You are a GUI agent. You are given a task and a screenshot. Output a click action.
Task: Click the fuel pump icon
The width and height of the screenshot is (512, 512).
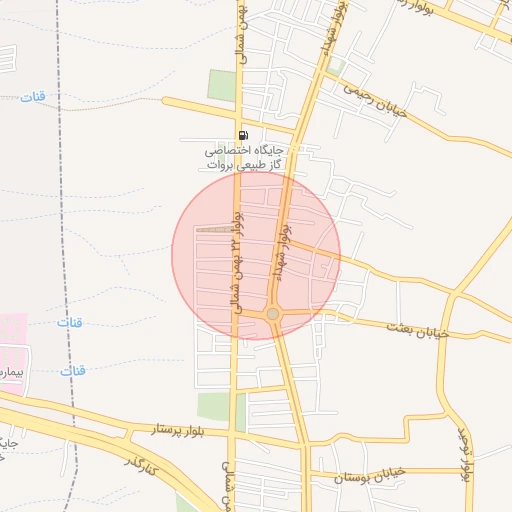click(242, 136)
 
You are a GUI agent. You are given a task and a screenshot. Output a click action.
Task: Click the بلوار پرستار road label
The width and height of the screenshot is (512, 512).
click(180, 429)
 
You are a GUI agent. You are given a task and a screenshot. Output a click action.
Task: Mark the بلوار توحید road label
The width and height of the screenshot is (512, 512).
click(463, 456)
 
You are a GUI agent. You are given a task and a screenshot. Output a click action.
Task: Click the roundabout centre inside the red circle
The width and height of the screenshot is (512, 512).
click(273, 314)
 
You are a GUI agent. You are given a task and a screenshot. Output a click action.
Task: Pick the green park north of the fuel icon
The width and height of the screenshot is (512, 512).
click(222, 85)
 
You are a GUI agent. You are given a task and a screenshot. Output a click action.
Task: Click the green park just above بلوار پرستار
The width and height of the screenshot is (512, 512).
click(214, 406)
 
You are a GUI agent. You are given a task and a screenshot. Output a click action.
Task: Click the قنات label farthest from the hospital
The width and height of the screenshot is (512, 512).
click(34, 97)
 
